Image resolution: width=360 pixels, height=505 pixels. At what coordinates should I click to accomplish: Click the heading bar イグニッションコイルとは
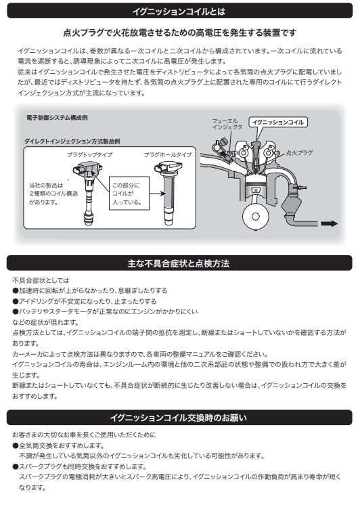pyautogui.click(x=179, y=11)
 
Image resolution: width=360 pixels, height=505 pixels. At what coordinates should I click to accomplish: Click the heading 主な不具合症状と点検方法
pyautogui.click(x=179, y=263)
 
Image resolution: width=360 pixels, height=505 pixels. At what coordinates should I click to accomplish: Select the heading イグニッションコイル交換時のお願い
pyautogui.click(x=179, y=417)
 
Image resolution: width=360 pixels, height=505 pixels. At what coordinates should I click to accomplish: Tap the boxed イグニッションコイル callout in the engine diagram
pyautogui.click(x=277, y=122)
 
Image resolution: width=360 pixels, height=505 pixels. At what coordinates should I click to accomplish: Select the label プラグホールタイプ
pyautogui.click(x=167, y=155)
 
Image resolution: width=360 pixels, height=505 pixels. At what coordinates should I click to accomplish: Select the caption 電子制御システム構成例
pyautogui.click(x=56, y=117)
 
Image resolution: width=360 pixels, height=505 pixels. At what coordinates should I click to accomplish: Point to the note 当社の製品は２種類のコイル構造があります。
pyautogui.click(x=45, y=193)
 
